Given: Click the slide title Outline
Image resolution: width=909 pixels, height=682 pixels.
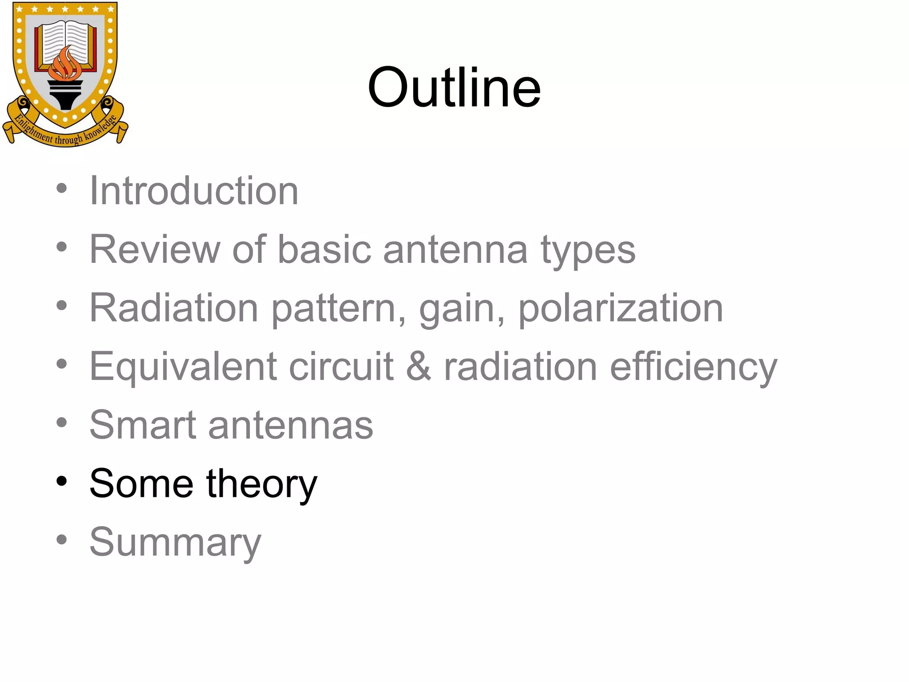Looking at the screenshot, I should coord(454,87).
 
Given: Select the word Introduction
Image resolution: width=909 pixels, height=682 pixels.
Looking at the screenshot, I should coord(194,191).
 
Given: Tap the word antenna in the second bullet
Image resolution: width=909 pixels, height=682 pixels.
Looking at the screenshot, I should coord(455,250).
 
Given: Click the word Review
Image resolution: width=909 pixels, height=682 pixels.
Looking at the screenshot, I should coord(155,250).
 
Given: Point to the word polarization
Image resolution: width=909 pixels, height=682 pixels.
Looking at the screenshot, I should coord(620,308).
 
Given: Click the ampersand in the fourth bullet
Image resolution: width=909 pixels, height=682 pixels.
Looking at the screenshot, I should coord(419,367).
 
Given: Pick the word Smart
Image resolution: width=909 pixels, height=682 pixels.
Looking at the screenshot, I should coord(142,425).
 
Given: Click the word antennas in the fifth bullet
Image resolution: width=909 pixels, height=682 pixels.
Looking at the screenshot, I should coord(291,426).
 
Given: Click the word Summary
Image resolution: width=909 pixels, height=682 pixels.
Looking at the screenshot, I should coord(175,543).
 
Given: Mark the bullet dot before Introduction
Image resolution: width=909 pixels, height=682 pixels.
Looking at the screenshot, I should coord(62,188).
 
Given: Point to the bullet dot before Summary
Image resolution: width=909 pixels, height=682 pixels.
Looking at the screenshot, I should coord(62,539).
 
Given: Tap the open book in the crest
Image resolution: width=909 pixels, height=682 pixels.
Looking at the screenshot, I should coord(66,42).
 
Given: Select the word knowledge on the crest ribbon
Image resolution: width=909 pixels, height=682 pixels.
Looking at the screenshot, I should coord(101,128).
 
